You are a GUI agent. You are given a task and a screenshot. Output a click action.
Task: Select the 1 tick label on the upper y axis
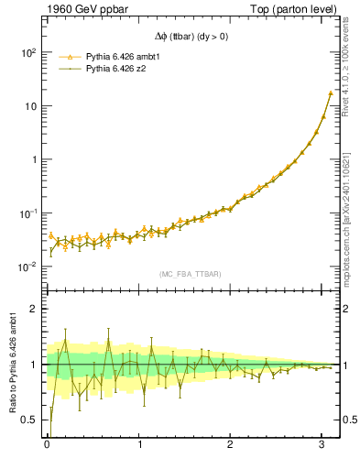coord(33,159)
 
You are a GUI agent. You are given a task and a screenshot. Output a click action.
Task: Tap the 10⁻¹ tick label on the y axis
coord(27,213)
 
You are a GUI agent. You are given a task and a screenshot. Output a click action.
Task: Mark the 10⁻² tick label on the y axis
coord(27,267)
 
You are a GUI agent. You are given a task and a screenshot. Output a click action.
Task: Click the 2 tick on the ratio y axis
coord(33,309)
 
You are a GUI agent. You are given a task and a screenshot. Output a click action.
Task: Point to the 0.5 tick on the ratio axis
coord(29,420)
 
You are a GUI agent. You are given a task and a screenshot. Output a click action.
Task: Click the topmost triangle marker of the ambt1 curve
coord(331,93)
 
